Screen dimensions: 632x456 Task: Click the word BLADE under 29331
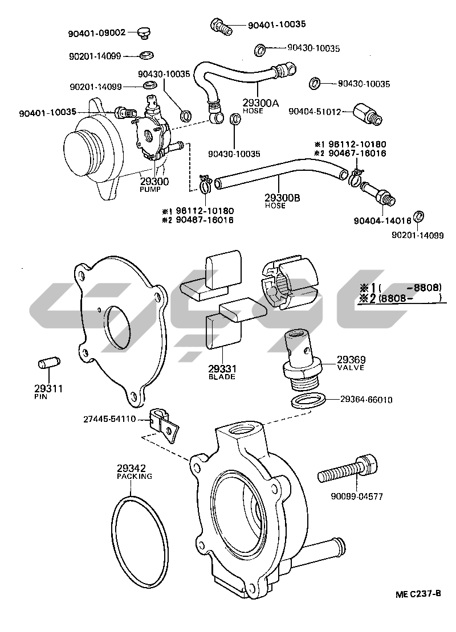tap(222, 377)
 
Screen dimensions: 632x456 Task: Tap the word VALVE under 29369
tap(351, 368)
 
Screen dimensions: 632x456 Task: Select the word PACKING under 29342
tap(135, 476)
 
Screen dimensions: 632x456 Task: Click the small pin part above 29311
tap(48, 363)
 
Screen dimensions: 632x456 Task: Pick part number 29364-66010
tap(367, 400)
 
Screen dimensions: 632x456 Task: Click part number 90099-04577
tap(357, 496)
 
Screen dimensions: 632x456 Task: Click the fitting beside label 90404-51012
tap(365, 113)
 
